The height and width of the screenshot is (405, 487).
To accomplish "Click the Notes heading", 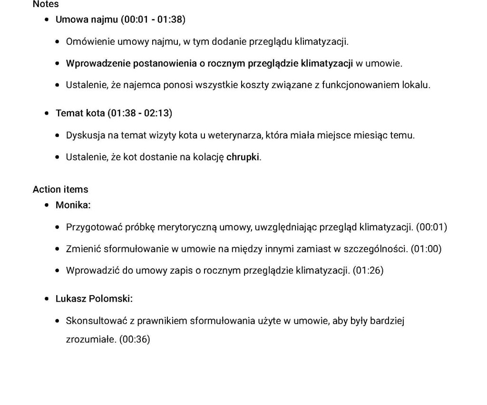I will pos(46,4).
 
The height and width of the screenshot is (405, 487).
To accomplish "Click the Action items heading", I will pos(60,189).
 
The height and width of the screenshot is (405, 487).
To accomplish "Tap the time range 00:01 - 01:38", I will pos(153,20).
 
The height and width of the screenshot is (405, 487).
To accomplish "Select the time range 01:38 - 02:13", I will pos(140,113).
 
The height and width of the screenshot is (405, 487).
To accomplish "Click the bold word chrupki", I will pos(243,157).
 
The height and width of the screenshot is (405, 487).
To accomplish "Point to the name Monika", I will pos(72,205).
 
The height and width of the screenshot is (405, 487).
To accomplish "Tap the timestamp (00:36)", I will pos(135,340).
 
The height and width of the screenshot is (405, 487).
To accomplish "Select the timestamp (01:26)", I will pos(368,271).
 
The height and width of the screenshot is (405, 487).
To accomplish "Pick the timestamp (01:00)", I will pos(426,249).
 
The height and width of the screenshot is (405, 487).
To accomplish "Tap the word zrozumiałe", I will pos(91,340).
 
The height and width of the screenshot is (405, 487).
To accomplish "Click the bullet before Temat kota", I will pos(47,114).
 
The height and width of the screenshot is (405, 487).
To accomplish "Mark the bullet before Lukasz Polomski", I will pos(47,299).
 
